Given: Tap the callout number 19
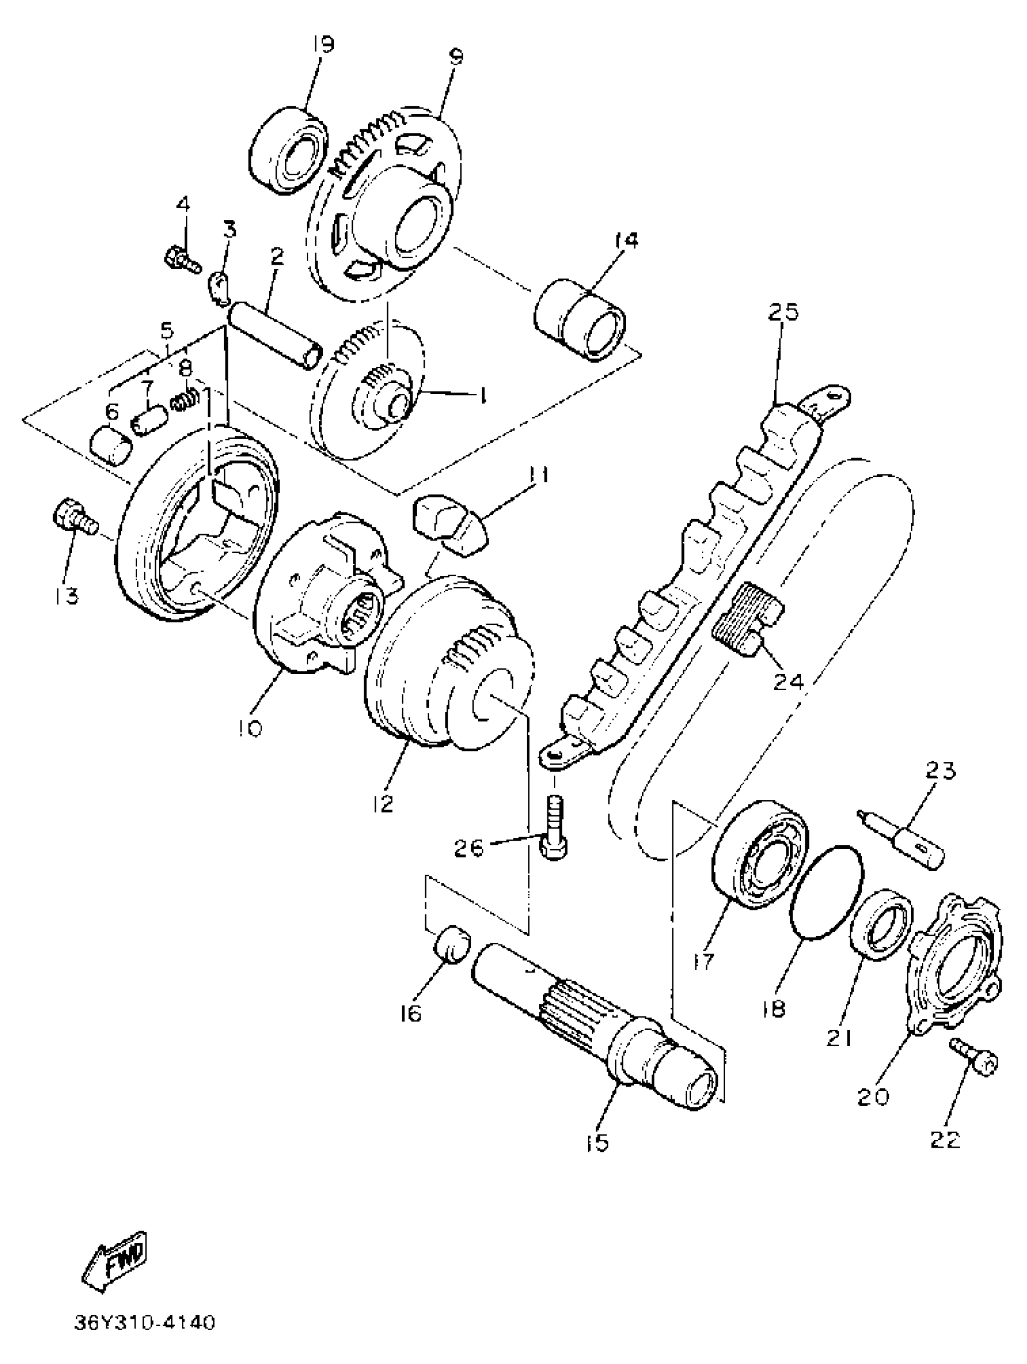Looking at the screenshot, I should coord(322,45).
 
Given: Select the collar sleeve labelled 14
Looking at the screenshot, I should coord(579,320).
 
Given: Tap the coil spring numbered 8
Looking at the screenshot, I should coord(184,402).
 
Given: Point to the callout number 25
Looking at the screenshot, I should coord(783,312).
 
